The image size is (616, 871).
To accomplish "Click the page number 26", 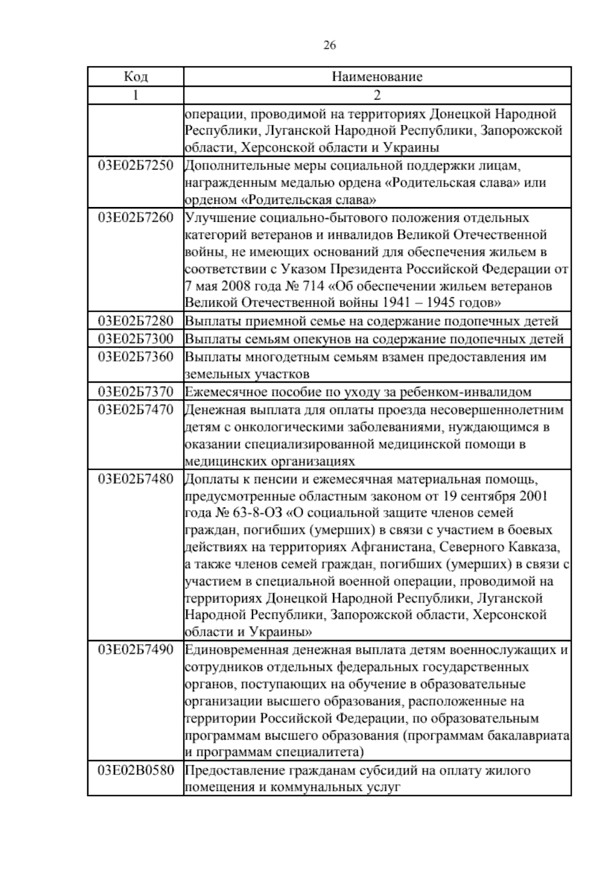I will (x=330, y=46).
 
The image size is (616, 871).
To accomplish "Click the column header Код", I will (x=136, y=77).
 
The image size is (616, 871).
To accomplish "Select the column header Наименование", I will (x=377, y=77).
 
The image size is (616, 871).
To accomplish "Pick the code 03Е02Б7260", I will (x=136, y=217).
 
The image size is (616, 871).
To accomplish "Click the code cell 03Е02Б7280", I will (x=136, y=321).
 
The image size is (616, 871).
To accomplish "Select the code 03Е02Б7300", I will (x=136, y=339).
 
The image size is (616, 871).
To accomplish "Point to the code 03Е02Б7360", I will (x=136, y=356).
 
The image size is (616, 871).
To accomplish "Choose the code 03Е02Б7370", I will (x=136, y=392).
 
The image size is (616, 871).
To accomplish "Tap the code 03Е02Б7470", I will (x=136, y=409).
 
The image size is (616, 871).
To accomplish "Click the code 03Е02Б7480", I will (x=136, y=479).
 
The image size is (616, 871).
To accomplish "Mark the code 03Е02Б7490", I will (x=136, y=650).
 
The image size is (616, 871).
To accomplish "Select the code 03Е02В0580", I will (x=136, y=771).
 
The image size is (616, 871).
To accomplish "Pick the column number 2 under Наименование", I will (x=377, y=95).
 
